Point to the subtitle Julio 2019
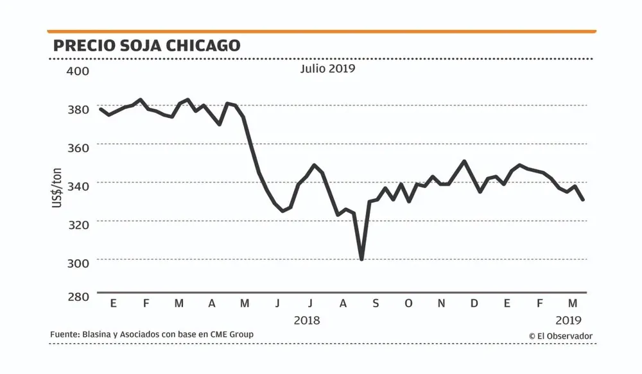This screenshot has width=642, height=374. click(x=327, y=68)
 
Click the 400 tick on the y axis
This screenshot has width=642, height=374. click(x=78, y=70)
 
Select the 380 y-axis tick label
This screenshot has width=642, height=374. click(x=78, y=109)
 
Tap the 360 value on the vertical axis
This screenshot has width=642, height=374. click(x=78, y=147)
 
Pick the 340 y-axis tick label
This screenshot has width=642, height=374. click(x=78, y=185)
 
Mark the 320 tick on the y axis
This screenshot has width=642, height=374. click(x=78, y=223)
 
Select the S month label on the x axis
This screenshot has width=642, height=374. click(x=376, y=303)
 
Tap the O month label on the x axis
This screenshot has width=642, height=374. click(x=408, y=303)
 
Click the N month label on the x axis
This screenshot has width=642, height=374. click(x=441, y=303)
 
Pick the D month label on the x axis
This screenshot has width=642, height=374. click(x=474, y=303)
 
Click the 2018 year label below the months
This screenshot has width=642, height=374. click(x=306, y=319)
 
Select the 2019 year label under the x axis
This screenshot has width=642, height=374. click(x=568, y=319)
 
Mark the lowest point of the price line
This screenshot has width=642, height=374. click(x=362, y=259)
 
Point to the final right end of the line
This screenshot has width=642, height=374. click(x=583, y=200)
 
